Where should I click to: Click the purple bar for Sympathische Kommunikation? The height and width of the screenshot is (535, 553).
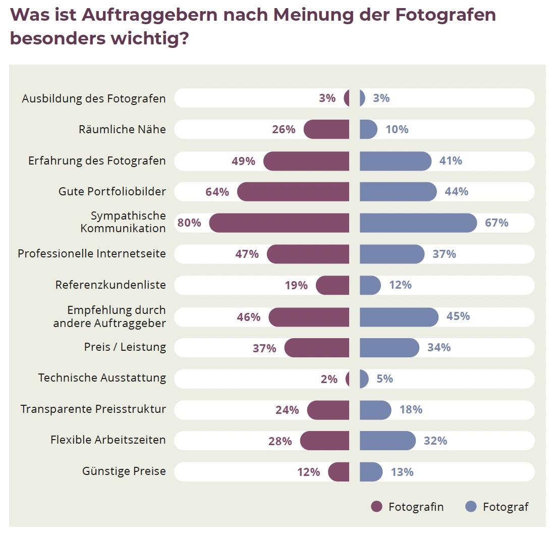[x=279, y=223]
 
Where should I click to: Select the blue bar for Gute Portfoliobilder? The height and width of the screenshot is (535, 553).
[x=398, y=192]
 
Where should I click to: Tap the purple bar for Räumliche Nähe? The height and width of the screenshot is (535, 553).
[x=326, y=129]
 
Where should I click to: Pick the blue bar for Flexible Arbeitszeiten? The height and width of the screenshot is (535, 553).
[x=388, y=441]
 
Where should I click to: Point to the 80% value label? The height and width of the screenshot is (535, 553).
[x=189, y=223]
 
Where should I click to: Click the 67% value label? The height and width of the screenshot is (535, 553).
[x=496, y=223]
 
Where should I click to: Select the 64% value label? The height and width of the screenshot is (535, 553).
[x=217, y=192]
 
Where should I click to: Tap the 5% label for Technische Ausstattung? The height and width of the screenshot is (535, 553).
[x=384, y=379]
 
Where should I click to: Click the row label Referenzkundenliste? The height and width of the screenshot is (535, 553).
[x=110, y=285]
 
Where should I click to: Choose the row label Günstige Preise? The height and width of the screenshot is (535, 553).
[x=124, y=471]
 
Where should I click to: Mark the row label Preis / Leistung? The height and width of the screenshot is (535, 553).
[x=125, y=347]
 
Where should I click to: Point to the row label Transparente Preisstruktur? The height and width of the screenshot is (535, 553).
[x=93, y=409]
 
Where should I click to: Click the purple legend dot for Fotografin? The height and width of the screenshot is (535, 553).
[x=376, y=507]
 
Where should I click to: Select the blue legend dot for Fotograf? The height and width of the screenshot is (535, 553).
[x=471, y=507]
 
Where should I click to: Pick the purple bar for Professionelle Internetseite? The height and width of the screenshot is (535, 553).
[x=308, y=254]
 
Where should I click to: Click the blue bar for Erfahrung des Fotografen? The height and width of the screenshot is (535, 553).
[x=395, y=161]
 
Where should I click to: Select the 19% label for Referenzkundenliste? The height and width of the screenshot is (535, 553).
[x=296, y=285]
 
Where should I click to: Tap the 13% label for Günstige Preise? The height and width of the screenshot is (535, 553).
[x=402, y=472]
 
